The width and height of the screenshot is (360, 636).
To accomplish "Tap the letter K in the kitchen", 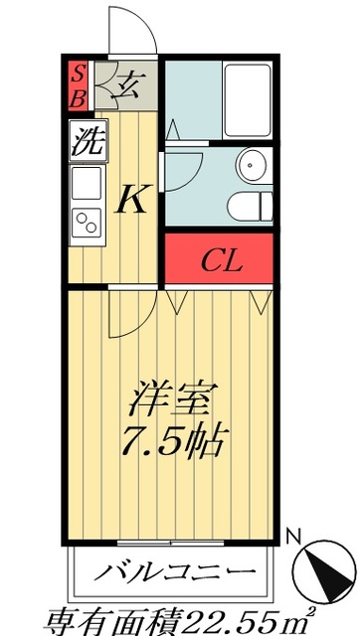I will [131, 200].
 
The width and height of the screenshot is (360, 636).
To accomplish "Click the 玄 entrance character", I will [129, 85].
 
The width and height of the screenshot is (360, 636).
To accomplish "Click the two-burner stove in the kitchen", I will [87, 224].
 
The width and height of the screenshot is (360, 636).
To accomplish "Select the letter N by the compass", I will [293, 538].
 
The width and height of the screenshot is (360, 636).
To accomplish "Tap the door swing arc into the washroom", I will [189, 165].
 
